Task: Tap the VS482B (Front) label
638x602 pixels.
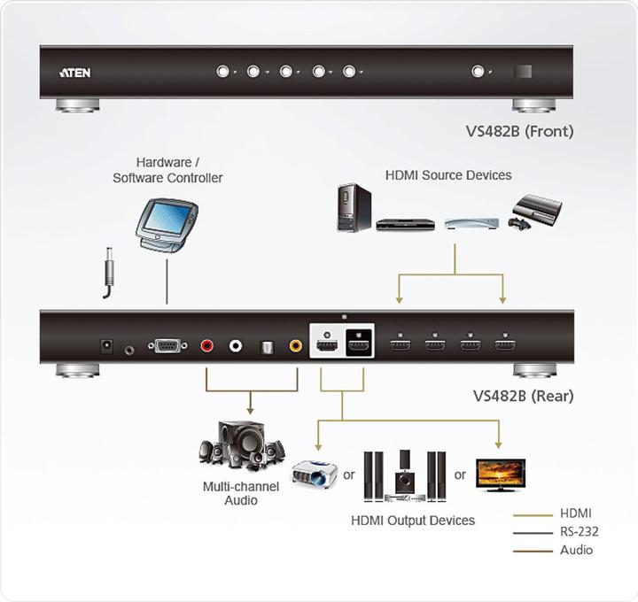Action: [x=519, y=131]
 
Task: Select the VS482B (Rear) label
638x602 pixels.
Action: [x=523, y=396]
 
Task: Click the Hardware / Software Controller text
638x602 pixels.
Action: [x=167, y=170]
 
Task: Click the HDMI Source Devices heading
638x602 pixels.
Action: [x=448, y=175]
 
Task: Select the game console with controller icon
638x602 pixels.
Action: [x=535, y=212]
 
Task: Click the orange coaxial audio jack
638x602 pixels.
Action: [x=296, y=347]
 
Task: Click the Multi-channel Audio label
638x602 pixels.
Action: [x=241, y=493]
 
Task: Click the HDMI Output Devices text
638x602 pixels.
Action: [x=413, y=520]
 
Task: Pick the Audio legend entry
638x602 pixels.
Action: [x=577, y=550]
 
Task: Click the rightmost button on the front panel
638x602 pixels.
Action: [x=479, y=72]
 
